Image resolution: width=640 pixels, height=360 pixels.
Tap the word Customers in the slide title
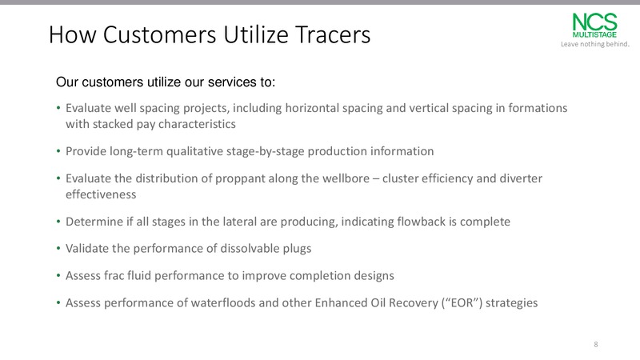[x=159, y=34]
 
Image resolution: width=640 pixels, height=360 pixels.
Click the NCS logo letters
[x=594, y=22]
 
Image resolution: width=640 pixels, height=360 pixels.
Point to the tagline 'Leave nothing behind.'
[x=595, y=44]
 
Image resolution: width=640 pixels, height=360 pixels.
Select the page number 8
[x=596, y=345]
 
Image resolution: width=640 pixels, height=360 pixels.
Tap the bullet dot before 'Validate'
[x=58, y=249]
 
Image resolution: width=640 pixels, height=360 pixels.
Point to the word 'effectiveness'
[x=101, y=194]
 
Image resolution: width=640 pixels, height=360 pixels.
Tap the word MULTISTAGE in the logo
[x=594, y=34]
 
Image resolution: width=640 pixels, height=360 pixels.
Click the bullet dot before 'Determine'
[x=58, y=222]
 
